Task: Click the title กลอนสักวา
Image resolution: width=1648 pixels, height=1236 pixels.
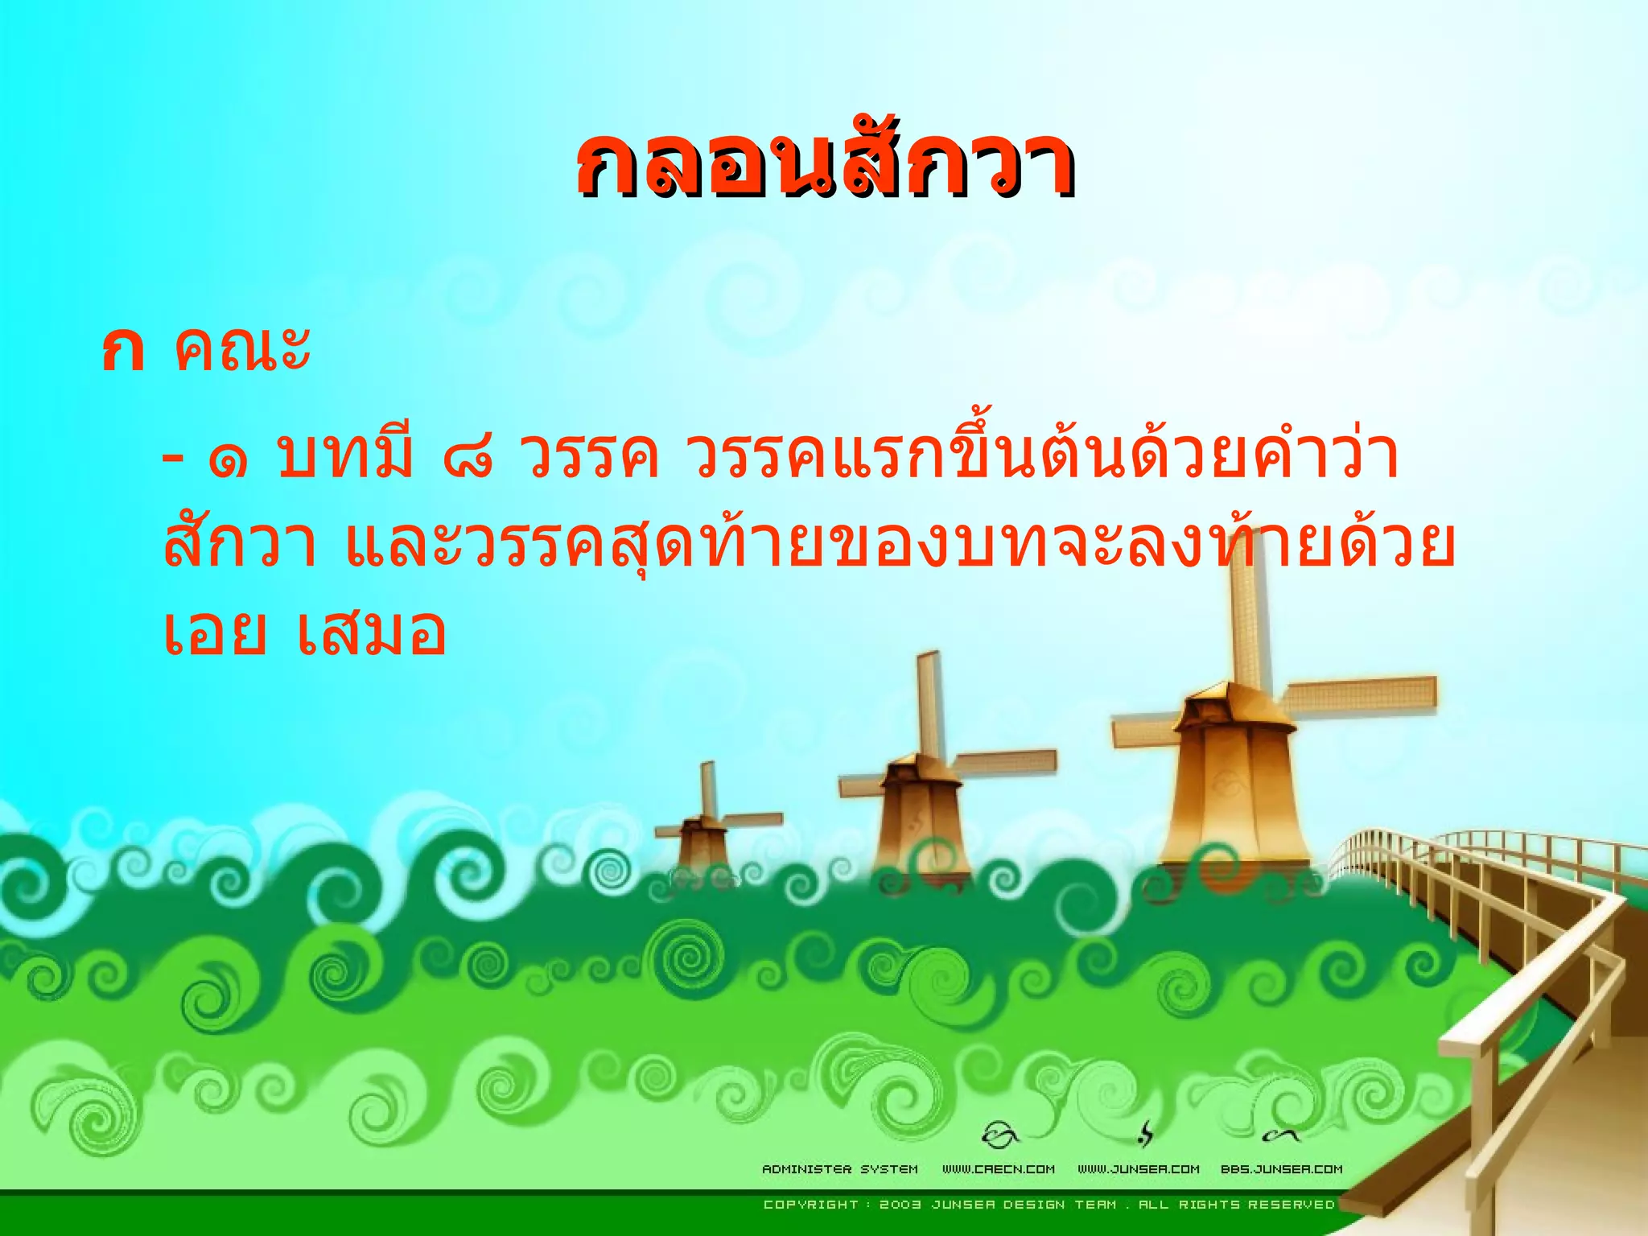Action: (825, 165)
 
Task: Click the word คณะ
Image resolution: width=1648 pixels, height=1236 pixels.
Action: (241, 350)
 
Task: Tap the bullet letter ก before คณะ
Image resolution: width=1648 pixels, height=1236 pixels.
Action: (123, 352)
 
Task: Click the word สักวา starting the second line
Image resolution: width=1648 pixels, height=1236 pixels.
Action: (240, 544)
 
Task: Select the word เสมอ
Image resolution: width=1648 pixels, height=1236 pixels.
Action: (370, 632)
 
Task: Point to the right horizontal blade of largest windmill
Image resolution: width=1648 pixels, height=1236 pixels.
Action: (1360, 696)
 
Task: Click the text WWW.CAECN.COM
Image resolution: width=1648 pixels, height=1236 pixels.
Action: (998, 1169)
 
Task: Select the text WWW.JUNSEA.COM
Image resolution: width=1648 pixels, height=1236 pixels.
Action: (1138, 1169)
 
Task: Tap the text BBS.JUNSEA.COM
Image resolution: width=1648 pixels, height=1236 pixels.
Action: (1281, 1169)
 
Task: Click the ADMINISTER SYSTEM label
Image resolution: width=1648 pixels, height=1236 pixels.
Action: (839, 1169)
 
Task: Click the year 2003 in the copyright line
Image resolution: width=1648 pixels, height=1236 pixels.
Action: (900, 1205)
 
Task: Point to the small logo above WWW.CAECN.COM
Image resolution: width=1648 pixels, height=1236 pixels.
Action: (1000, 1135)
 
